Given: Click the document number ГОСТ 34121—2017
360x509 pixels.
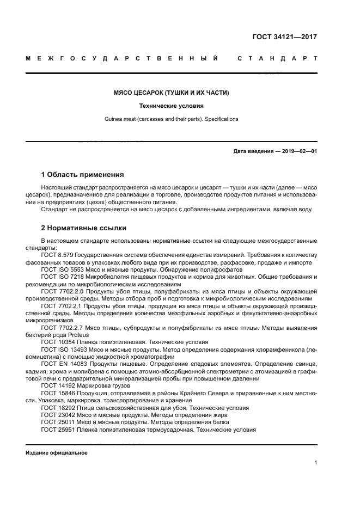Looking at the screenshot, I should (x=284, y=38).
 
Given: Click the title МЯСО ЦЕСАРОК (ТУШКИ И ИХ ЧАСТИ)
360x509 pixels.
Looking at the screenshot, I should (x=171, y=93).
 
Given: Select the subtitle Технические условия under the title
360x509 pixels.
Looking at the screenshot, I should (x=171, y=106).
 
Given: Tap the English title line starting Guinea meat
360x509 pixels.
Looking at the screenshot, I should (x=171, y=119).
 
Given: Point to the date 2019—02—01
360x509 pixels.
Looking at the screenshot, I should (x=299, y=151).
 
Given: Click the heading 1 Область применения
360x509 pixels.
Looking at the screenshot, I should (x=83, y=175).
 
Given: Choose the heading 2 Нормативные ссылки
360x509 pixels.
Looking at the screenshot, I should (x=84, y=228).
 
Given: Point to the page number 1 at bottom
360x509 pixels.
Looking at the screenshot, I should (x=315, y=463).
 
